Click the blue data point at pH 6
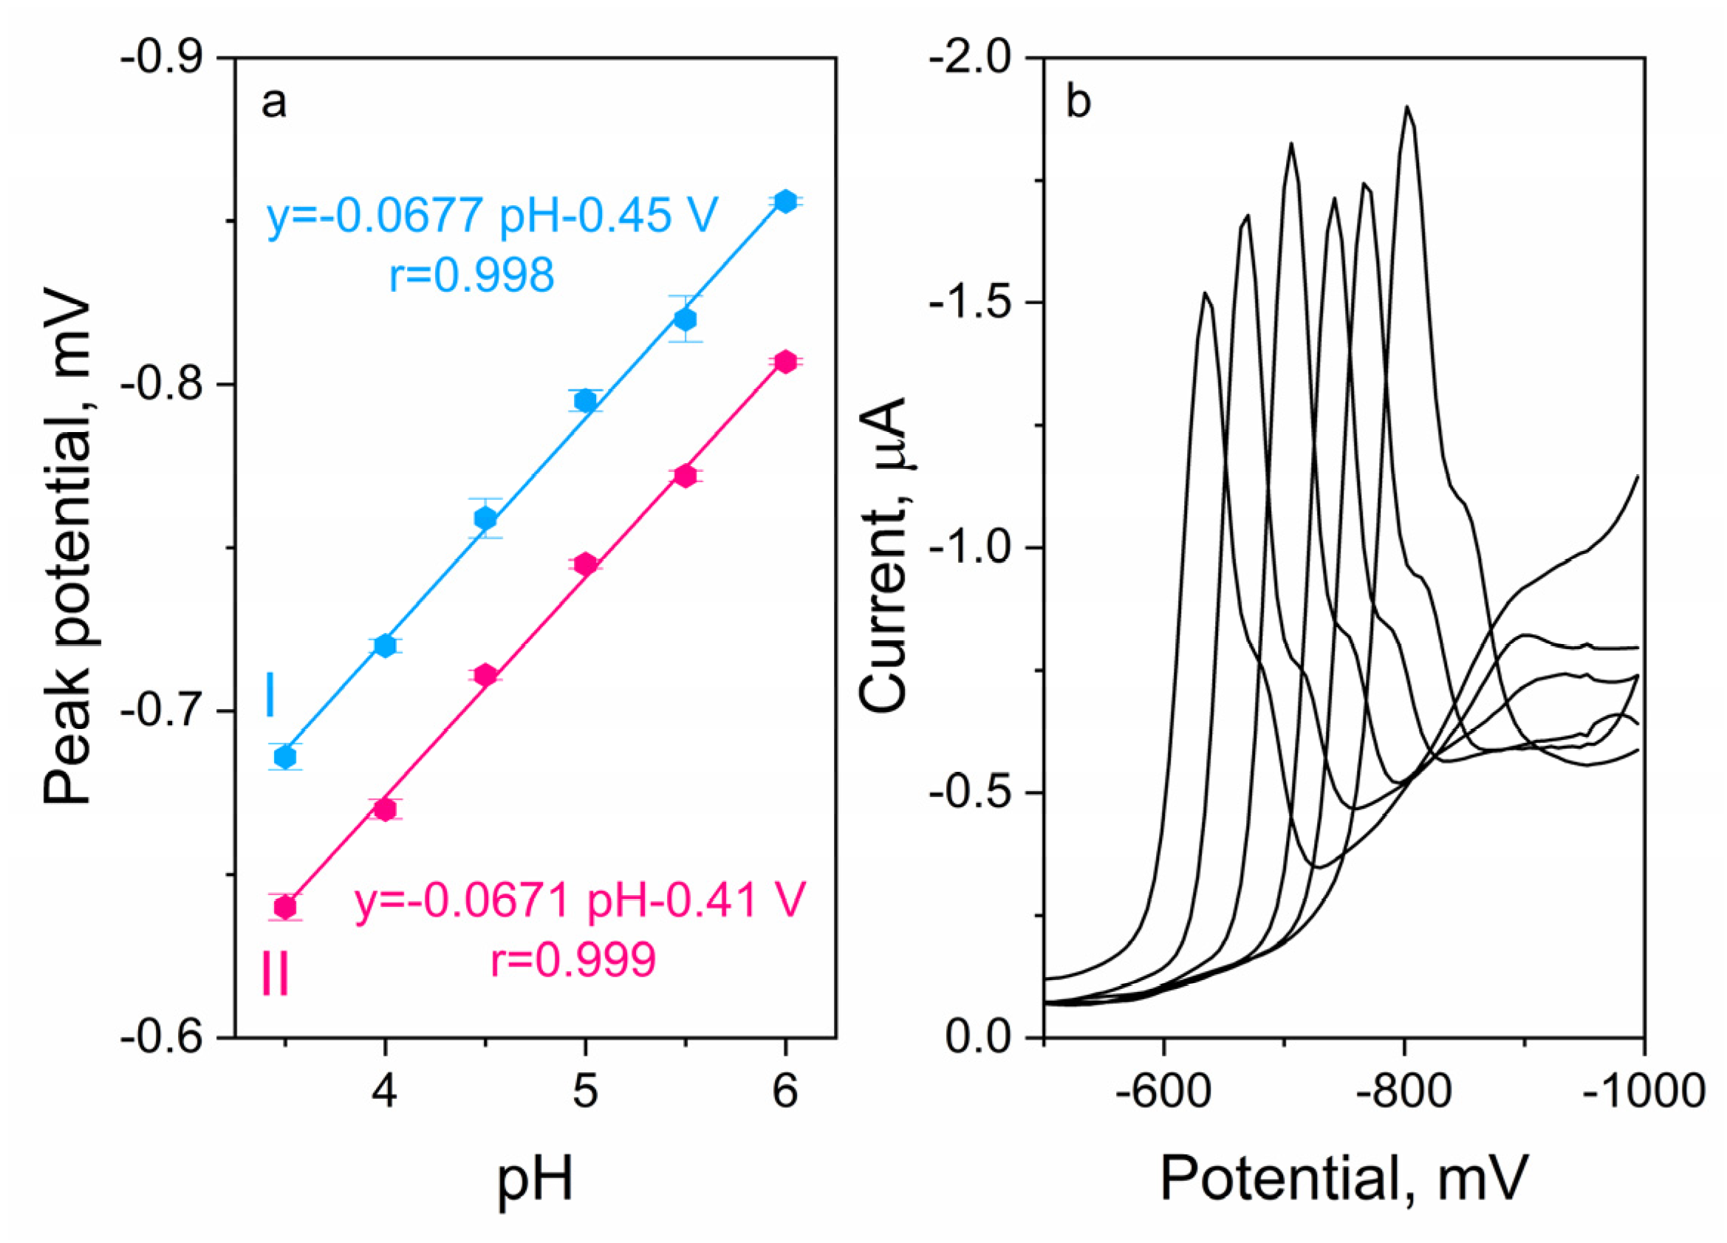click(785, 201)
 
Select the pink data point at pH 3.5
click(285, 907)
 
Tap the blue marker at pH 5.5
click(685, 318)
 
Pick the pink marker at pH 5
click(585, 564)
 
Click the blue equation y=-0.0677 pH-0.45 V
click(492, 216)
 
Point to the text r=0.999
click(572, 961)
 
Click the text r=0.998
click(471, 275)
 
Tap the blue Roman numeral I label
click(270, 696)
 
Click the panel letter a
click(273, 103)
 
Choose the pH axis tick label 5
click(585, 1092)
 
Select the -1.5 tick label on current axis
click(972, 302)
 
